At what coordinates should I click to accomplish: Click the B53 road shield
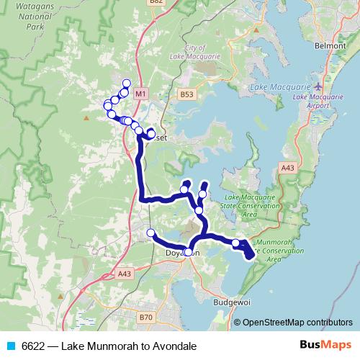187,94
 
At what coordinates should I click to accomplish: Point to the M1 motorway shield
140,94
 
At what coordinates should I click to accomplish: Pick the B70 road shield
146,317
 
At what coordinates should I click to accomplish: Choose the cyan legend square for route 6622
10,346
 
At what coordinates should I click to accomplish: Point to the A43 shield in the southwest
124,274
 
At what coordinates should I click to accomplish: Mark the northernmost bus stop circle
127,83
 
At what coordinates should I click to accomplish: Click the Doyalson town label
184,253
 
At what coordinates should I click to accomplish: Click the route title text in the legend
109,346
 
